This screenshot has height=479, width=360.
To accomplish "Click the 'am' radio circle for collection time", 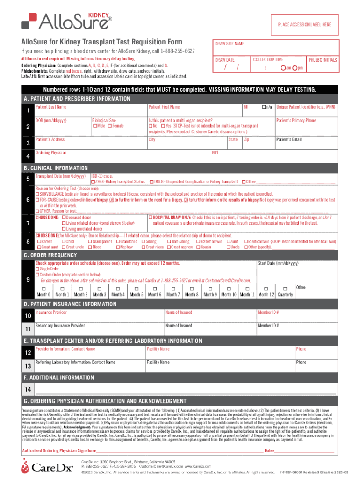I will coord(283,68).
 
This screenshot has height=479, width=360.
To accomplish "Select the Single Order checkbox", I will coord(38,269).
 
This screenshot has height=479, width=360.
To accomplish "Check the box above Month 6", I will coord(154,289).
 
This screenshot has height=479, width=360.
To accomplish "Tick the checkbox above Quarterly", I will coord(285,289).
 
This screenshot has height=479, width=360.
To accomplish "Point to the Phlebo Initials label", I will coord(323,60).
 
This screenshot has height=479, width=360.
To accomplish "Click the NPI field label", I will coord(216,152).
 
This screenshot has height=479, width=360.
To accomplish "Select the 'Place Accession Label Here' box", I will coord(304,24).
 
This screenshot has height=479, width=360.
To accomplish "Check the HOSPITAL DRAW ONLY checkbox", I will coord(150,218).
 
